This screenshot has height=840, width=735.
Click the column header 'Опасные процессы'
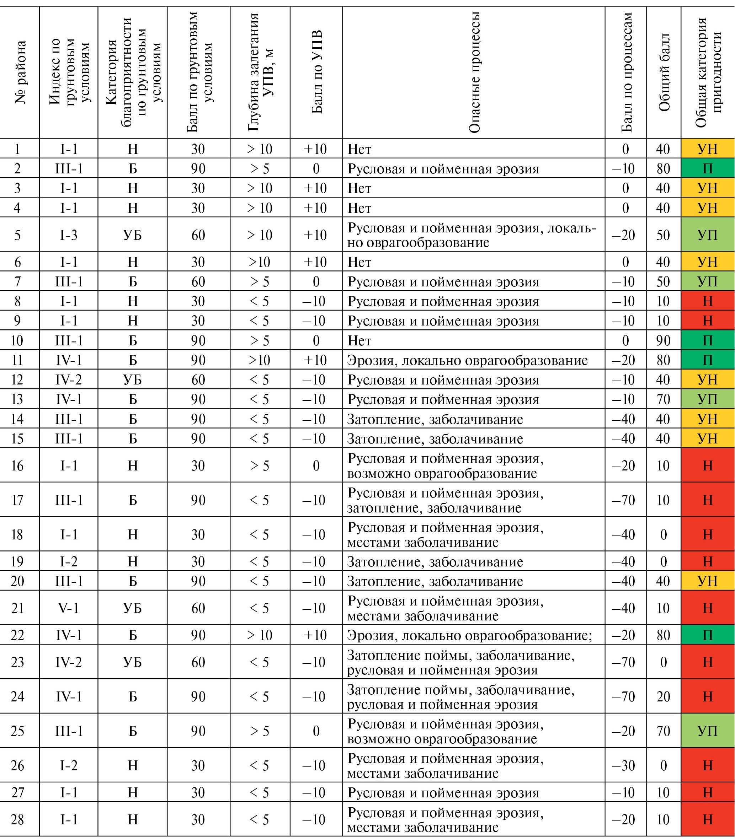(474, 72)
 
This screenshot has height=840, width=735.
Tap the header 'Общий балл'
(664, 72)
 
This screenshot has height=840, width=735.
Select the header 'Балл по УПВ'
(316, 72)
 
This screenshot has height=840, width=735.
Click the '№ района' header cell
(20, 72)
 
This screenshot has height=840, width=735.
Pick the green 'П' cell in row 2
(708, 168)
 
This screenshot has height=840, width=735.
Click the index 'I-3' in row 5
(69, 235)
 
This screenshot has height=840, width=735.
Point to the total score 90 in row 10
(663, 340)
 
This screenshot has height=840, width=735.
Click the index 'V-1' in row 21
(69, 608)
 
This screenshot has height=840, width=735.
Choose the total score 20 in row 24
(663, 696)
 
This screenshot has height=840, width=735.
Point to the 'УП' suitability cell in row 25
(708, 731)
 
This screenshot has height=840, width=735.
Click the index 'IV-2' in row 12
(69, 380)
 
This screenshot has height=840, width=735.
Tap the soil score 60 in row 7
(198, 281)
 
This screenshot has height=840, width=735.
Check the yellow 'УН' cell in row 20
(708, 581)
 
